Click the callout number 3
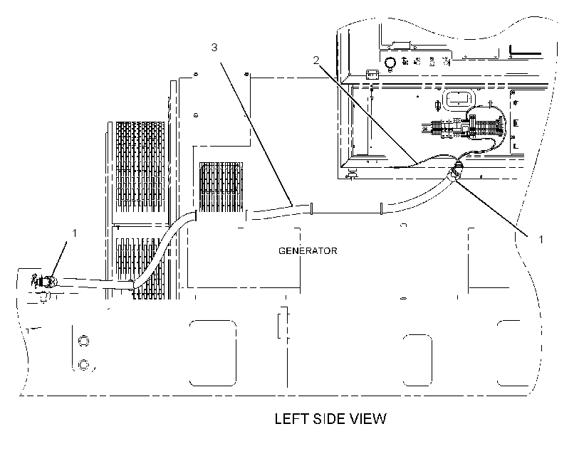(x=214, y=48)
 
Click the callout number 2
(x=316, y=60)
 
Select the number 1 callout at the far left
(x=75, y=233)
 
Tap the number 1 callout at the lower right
(x=541, y=240)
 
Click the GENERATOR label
(x=308, y=251)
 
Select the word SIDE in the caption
(x=328, y=419)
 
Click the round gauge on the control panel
(x=390, y=63)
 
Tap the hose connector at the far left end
(x=44, y=282)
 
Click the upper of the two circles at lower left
(x=83, y=341)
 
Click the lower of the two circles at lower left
(x=83, y=365)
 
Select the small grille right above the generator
(x=221, y=187)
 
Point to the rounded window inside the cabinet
(x=459, y=100)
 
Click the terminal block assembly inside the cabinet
(x=464, y=127)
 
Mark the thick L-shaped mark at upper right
(x=525, y=51)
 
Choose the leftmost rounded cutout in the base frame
(x=213, y=353)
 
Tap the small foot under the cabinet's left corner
(x=350, y=174)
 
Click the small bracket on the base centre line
(x=283, y=323)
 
